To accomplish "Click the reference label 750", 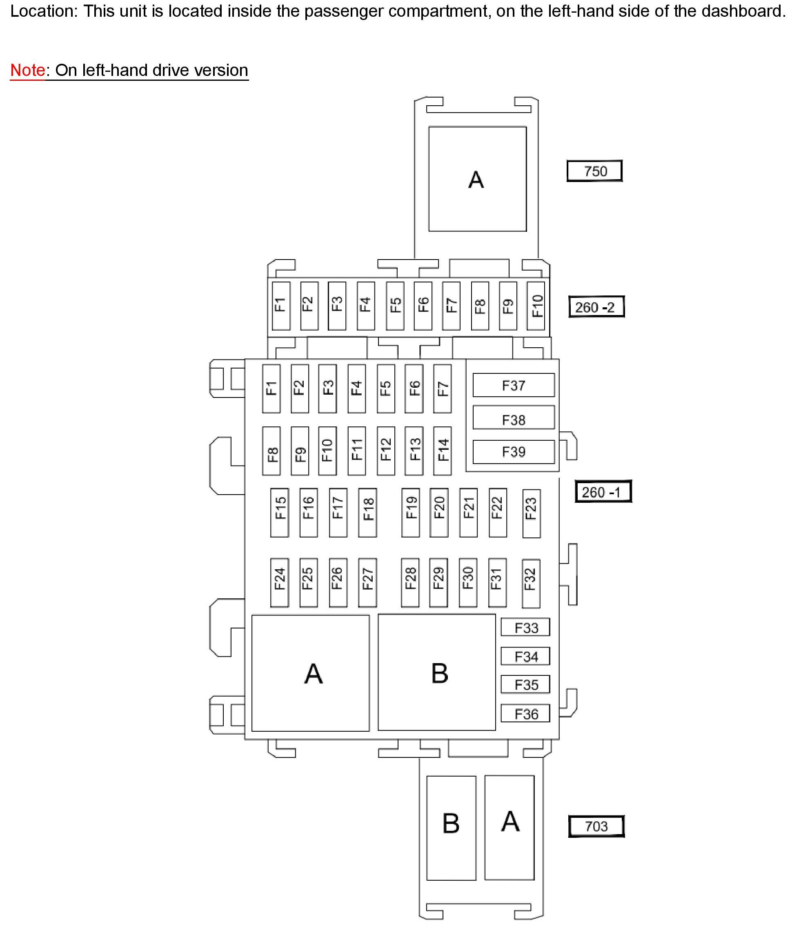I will click(x=594, y=171).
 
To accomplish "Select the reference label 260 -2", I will click(x=596, y=307).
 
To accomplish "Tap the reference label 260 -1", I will click(x=603, y=492).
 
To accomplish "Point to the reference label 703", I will click(x=596, y=826).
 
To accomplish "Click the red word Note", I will click(x=27, y=70).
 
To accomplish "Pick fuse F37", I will click(x=514, y=385).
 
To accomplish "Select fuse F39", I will click(x=514, y=451).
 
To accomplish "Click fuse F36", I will click(x=525, y=714).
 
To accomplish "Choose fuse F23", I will click(x=531, y=513).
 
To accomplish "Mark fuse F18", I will click(x=367, y=513).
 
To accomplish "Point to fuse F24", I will click(x=280, y=582).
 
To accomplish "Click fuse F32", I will click(x=531, y=583).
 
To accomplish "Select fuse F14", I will click(x=443, y=451).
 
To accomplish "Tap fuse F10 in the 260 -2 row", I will click(x=536, y=306).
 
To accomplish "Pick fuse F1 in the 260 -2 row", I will click(x=281, y=306).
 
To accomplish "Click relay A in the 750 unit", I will click(x=478, y=179).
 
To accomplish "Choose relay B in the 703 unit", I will click(x=451, y=828).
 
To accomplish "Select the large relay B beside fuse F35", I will click(x=437, y=673).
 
